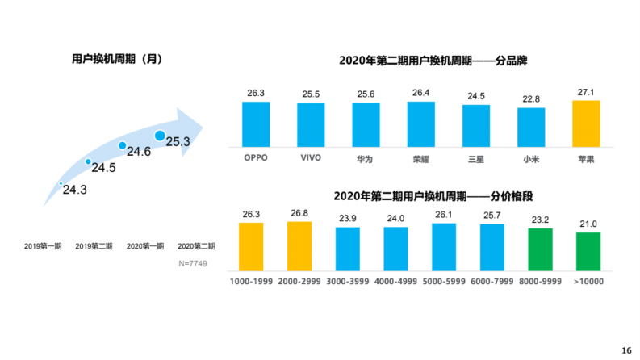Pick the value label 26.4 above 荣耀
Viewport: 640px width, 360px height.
tap(420, 93)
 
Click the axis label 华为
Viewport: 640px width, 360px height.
tap(366, 157)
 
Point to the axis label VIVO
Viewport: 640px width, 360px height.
tap(311, 157)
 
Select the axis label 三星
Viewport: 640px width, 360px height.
tap(475, 157)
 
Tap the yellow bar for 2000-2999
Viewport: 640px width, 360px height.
tap(299, 245)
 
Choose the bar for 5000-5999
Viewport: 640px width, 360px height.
tap(444, 246)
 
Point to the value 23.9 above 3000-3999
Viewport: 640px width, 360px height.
tap(348, 218)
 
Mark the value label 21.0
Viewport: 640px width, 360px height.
tap(588, 223)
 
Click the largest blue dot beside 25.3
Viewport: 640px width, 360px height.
tap(160, 136)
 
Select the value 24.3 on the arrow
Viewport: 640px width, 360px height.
tap(75, 190)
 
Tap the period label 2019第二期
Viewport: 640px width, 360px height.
tap(94, 245)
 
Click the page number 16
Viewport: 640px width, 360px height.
tap(626, 350)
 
